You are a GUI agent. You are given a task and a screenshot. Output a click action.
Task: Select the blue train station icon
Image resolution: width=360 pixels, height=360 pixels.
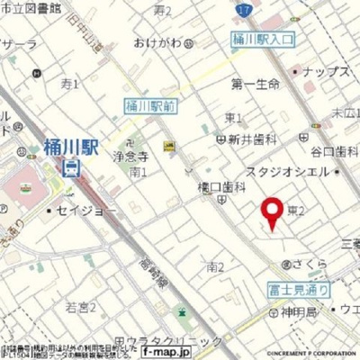pos(70,167)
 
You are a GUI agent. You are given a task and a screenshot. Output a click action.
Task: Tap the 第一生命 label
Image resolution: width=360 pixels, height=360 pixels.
pos(256,85)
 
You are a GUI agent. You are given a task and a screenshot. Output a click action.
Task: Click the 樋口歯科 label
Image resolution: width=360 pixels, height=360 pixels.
pos(220,186)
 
